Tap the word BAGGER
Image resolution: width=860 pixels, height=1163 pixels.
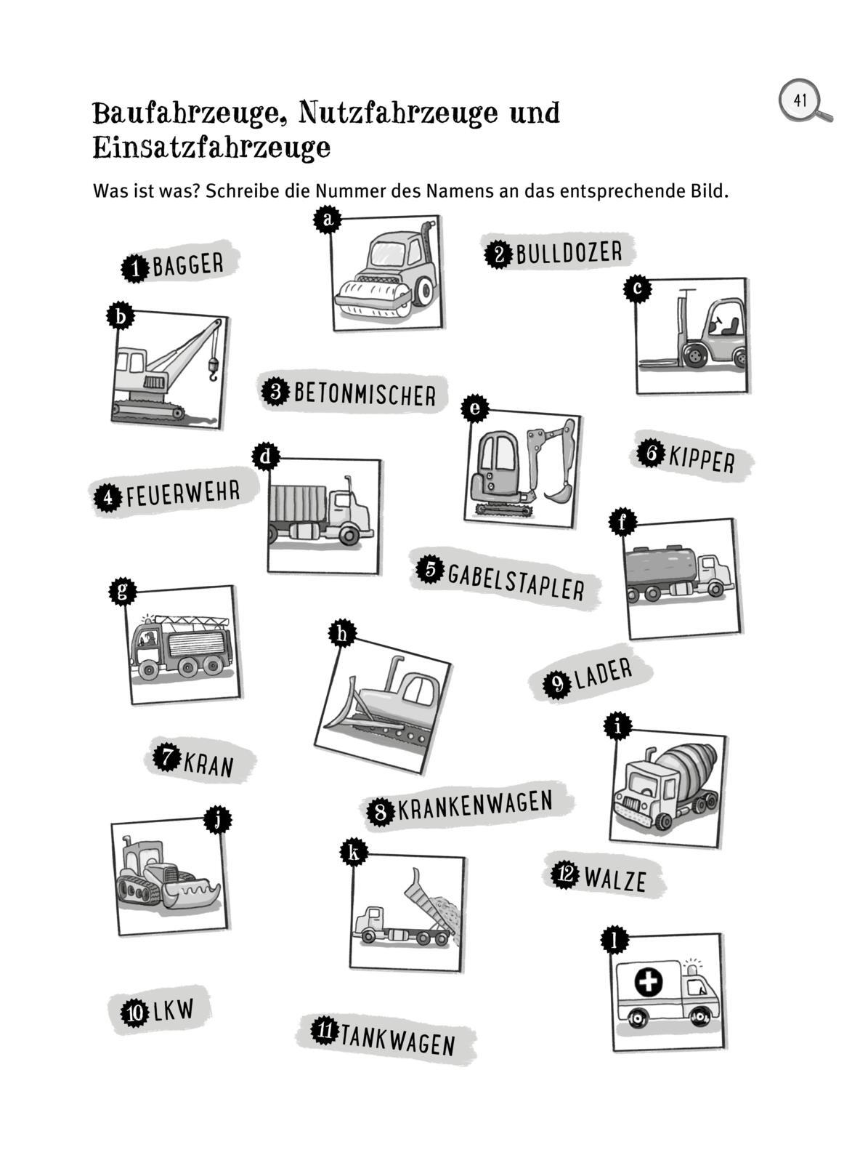coord(188,265)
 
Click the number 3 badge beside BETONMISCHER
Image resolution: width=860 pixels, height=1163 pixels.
coord(275,392)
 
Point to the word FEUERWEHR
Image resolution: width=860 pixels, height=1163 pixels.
coord(183,494)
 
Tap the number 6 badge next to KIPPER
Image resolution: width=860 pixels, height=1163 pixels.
coord(651,452)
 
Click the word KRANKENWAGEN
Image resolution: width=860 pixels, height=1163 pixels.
coord(475,807)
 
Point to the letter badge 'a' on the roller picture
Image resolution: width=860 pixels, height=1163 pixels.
coord(328,220)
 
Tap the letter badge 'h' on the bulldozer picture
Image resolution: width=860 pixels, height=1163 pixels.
coord(342,634)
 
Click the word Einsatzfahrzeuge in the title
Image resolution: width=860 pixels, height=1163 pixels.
coord(211,148)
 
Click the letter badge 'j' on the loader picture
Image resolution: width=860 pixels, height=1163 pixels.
coord(217,819)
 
